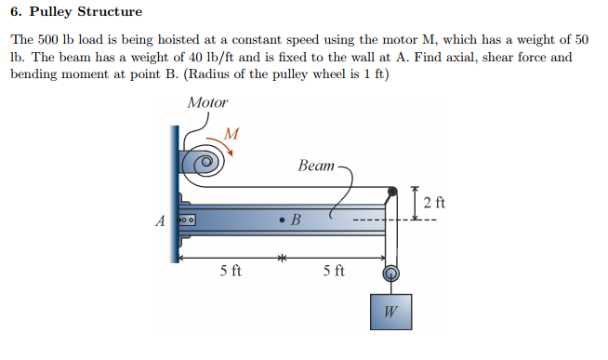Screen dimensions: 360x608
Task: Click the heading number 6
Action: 14,12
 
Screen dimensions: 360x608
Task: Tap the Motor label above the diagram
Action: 207,102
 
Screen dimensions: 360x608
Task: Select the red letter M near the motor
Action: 232,134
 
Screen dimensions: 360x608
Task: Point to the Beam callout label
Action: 316,166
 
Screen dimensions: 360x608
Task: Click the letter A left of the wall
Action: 160,221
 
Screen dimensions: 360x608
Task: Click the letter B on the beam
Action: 297,221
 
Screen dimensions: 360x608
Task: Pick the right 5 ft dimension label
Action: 334,272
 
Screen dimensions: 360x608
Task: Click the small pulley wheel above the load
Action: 391,273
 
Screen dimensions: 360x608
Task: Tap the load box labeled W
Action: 391,312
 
